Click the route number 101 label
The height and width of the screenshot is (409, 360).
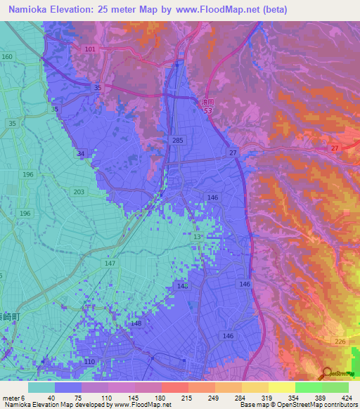[89, 49]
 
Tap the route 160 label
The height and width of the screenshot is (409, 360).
[7, 56]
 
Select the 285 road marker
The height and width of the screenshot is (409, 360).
[178, 141]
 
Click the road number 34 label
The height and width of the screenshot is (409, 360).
[81, 154]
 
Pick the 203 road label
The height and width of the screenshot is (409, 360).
[78, 192]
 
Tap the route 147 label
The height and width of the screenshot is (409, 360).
[109, 263]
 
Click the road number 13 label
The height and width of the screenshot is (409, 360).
[198, 237]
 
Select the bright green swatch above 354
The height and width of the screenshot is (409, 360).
[309, 387]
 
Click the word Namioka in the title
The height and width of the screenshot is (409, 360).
[27, 10]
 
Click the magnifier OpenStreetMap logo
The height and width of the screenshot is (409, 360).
[328, 372]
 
